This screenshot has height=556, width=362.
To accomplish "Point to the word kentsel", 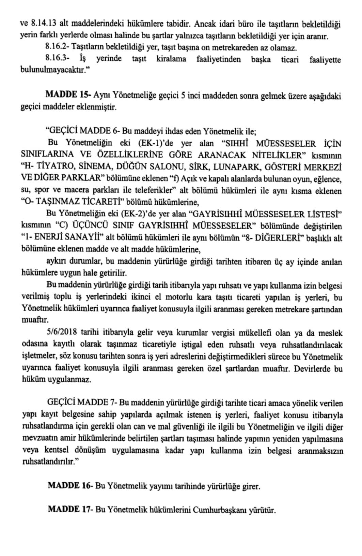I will click(x=52, y=451).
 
